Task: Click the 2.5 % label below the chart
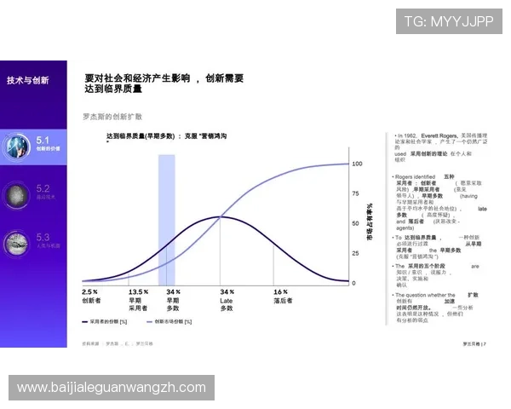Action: pos(89,291)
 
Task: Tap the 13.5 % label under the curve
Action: pos(138,291)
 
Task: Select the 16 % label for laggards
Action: pos(280,291)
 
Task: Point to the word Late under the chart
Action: pos(227,300)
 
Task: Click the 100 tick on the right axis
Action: pos(357,163)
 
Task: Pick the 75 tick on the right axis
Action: pos(355,193)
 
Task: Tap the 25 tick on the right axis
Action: pos(355,253)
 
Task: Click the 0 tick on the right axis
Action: pos(353,283)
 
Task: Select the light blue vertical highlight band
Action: pos(166,213)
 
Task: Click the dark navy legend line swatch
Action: pos(93,321)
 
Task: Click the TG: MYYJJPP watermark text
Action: pos(448,21)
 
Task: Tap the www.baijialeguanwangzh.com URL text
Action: pos(112,388)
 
